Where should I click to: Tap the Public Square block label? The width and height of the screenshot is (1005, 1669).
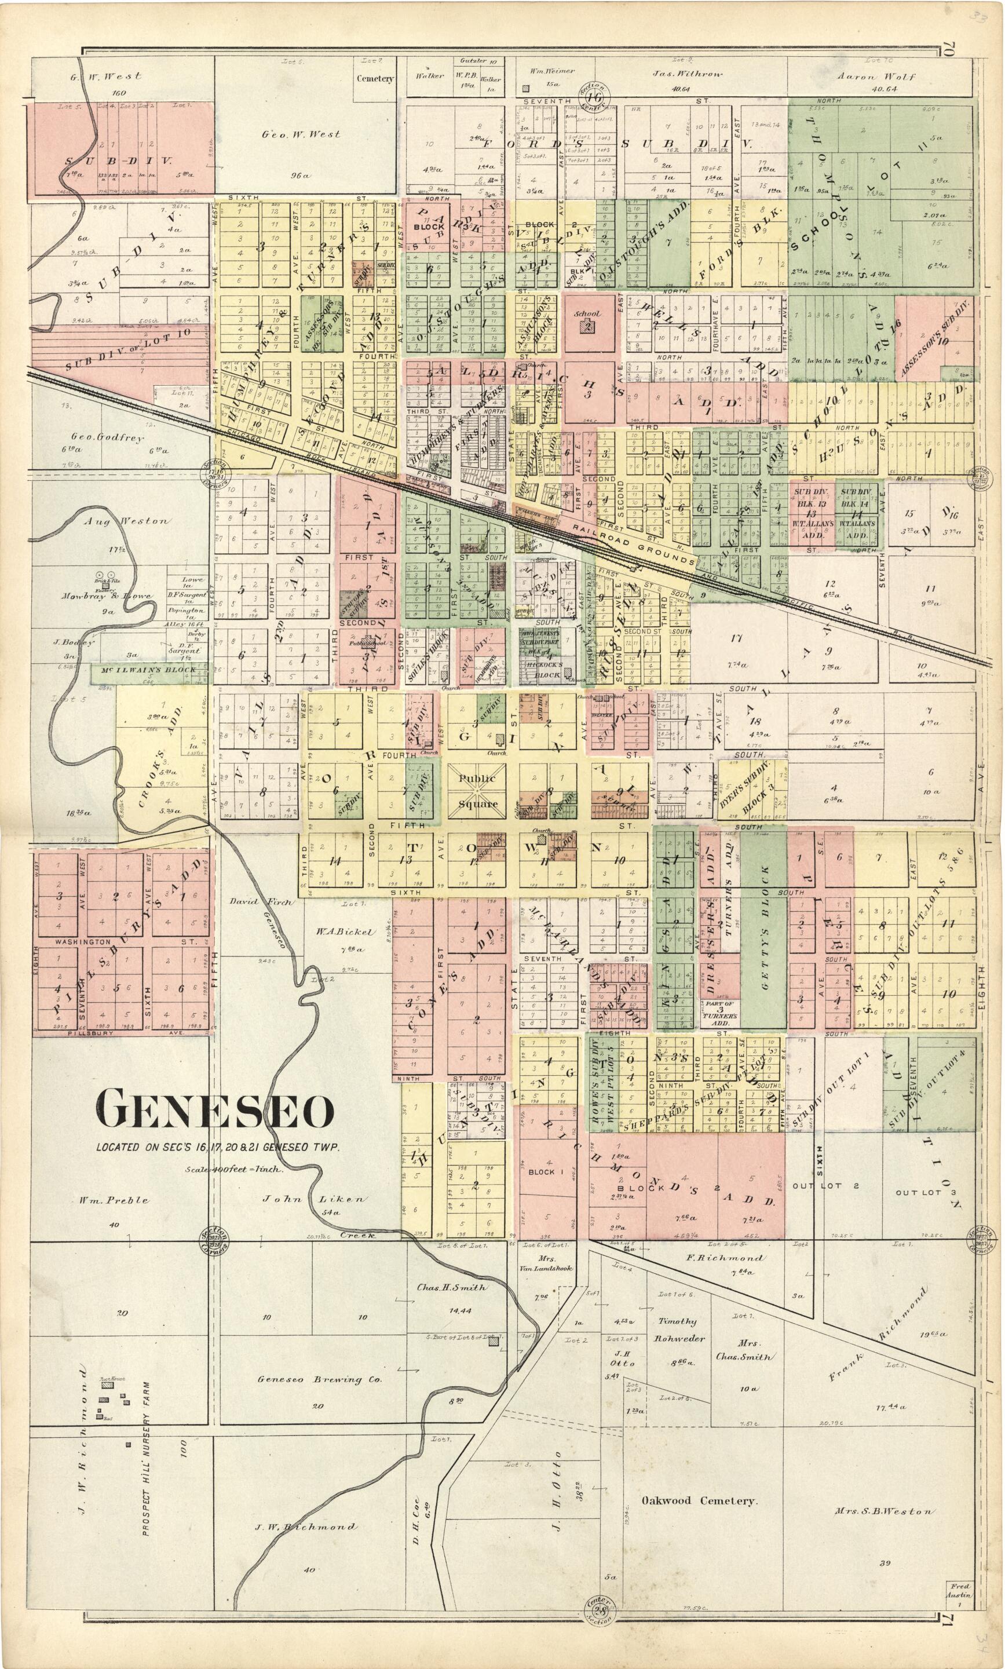click(x=477, y=791)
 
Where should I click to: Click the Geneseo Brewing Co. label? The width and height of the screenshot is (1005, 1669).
click(x=320, y=1379)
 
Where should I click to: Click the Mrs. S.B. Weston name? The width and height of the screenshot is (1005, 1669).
click(x=884, y=1512)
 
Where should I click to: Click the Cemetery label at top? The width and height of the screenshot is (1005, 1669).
click(x=375, y=79)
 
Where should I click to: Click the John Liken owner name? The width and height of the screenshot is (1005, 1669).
click(x=313, y=1199)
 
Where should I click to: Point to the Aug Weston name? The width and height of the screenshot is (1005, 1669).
click(x=126, y=521)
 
